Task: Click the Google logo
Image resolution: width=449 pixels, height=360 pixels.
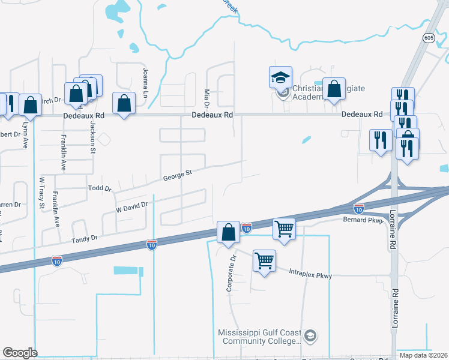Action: click(x=20, y=353)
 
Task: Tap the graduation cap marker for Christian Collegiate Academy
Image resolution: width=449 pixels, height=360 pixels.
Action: click(x=280, y=77)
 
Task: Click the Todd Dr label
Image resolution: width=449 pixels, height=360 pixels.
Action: click(x=100, y=188)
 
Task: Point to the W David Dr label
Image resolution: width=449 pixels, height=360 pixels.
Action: click(x=131, y=208)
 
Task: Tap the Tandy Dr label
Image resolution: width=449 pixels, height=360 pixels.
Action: click(x=85, y=239)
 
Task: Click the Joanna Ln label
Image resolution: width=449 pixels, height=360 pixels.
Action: click(x=145, y=83)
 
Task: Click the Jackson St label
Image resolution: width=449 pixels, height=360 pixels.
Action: click(x=93, y=137)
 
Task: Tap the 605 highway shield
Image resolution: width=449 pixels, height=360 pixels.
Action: click(x=428, y=38)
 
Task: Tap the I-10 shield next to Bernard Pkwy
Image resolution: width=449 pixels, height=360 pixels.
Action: click(x=358, y=209)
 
